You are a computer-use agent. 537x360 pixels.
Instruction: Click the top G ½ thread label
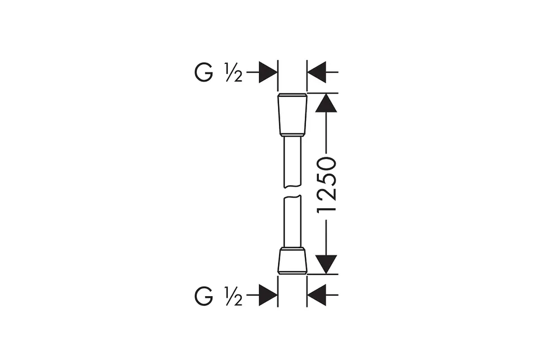click(219, 72)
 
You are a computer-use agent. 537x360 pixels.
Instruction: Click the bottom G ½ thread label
click(219, 296)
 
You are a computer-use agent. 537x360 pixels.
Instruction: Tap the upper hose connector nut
click(293, 115)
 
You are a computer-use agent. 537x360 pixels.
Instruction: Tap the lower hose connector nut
click(293, 260)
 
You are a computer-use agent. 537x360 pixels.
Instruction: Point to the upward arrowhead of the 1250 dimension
click(326, 103)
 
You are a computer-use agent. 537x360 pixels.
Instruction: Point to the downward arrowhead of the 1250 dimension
click(326, 264)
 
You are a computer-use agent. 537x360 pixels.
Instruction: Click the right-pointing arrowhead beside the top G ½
click(268, 72)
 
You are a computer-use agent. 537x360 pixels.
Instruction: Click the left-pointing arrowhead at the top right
click(317, 72)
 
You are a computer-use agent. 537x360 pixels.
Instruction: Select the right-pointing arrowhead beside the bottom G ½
click(268, 294)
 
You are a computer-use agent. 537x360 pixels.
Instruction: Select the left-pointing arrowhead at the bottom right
click(317, 294)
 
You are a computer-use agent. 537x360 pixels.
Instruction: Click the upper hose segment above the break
click(293, 162)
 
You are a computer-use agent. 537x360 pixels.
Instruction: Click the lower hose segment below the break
click(293, 221)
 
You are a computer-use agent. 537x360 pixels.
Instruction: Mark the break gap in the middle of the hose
click(293, 191)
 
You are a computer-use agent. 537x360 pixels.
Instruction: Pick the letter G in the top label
click(204, 72)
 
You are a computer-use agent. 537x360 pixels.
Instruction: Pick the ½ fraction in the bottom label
click(234, 296)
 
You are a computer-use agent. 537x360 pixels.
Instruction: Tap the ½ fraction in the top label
click(234, 72)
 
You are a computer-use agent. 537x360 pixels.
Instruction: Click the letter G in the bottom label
click(204, 296)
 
